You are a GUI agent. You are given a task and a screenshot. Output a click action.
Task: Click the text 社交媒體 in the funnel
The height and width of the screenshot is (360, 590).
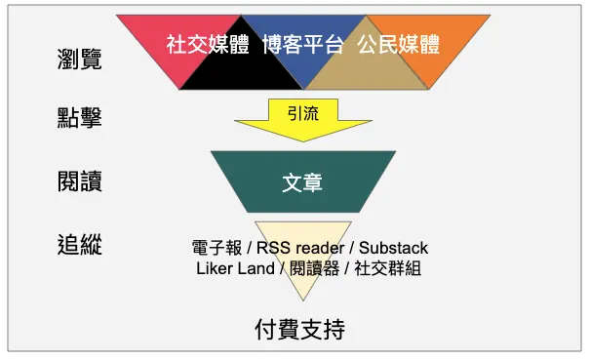[208, 45]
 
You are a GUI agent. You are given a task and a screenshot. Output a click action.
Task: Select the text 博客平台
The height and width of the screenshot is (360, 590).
[302, 45]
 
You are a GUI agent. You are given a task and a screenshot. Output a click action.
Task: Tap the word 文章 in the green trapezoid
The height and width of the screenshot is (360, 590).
[302, 182]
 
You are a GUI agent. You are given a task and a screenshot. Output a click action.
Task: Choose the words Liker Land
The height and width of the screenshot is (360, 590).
[233, 268]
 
